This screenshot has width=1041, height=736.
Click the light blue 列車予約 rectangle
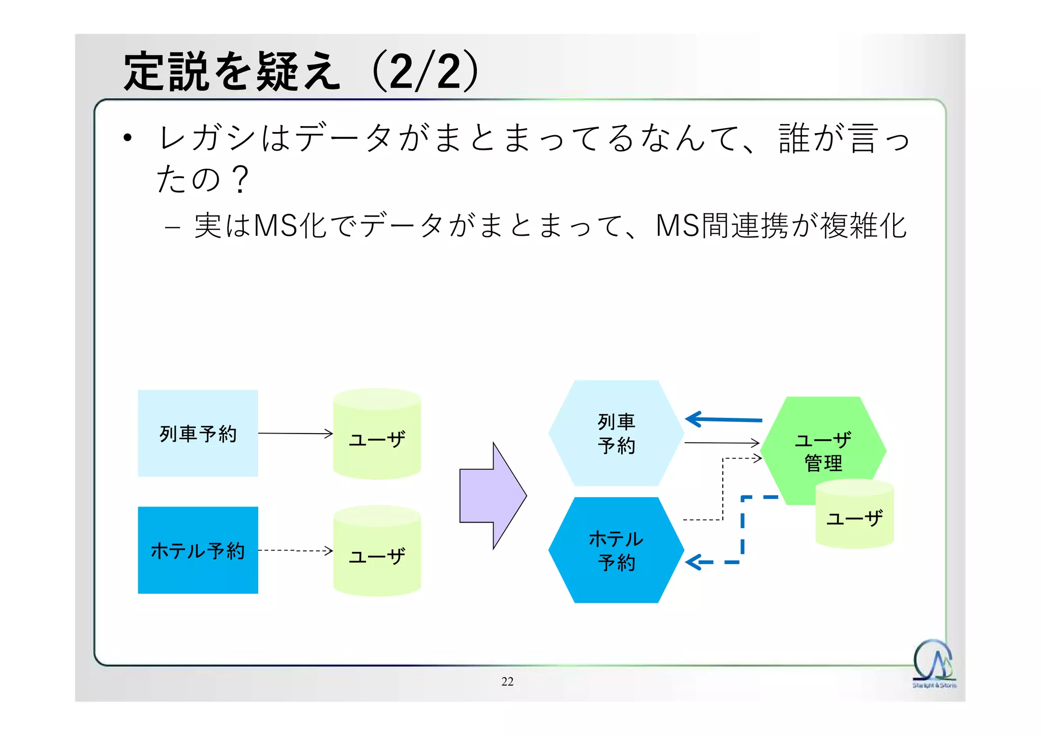198,433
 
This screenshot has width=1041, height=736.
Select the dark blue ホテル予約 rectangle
198,550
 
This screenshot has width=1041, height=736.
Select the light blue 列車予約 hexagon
616,433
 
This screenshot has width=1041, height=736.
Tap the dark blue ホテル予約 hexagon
616,550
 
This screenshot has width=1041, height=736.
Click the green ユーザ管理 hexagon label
823,451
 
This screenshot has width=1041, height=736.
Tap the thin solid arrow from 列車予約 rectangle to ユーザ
295,434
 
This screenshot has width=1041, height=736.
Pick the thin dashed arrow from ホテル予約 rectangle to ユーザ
295,550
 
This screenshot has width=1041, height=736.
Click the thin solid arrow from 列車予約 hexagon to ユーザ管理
721,443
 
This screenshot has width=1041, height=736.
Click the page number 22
507,682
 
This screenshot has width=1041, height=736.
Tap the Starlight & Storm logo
933,663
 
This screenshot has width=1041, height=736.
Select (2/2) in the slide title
426,71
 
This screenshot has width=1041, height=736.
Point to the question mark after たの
239,179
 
